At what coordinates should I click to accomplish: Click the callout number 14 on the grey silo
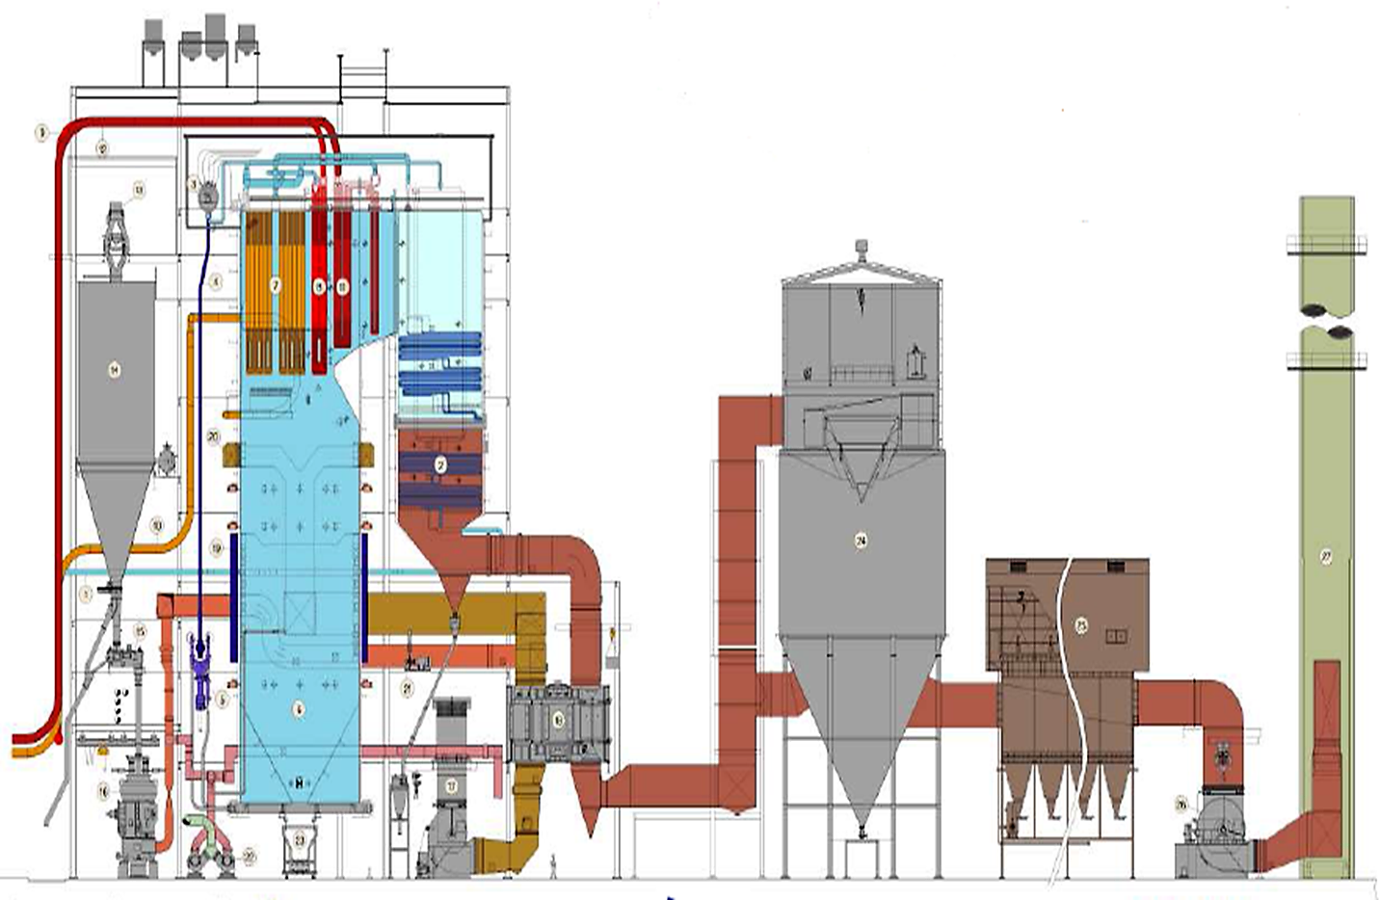(x=115, y=369)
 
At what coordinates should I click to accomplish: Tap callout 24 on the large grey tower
(x=861, y=541)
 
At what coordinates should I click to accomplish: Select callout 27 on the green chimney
(x=1326, y=556)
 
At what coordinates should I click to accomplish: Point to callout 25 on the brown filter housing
(x=1080, y=625)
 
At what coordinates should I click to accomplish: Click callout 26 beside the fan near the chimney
(x=1181, y=804)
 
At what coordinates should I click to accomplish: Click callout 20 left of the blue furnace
(x=213, y=437)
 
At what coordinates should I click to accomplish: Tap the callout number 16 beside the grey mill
(x=103, y=790)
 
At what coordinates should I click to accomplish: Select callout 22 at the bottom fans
(x=250, y=856)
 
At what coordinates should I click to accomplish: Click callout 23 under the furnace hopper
(x=300, y=840)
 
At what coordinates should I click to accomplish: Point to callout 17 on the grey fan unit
(x=451, y=785)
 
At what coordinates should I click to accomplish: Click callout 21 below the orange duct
(x=407, y=687)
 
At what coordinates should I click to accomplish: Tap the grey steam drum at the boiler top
(x=208, y=196)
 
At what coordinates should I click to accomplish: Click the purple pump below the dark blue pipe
(x=203, y=665)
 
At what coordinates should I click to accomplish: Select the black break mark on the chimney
(x=1325, y=321)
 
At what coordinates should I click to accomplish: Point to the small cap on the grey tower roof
(x=861, y=246)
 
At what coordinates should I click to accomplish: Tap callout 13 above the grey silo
(x=138, y=191)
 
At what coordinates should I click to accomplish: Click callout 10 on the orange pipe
(x=157, y=526)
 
